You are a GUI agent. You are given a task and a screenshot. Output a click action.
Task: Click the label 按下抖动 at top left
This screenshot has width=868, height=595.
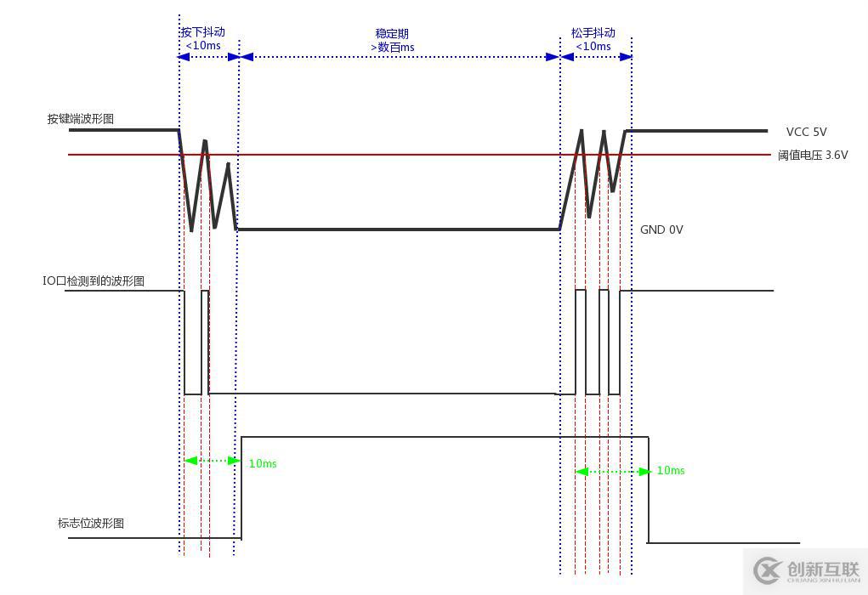coord(202,32)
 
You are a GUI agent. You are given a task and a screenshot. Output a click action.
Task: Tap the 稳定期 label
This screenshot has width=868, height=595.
coord(393,33)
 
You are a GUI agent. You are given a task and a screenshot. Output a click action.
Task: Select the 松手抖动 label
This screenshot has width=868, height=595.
coord(593,33)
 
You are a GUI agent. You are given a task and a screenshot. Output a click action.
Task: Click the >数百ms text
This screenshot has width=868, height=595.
coord(393,48)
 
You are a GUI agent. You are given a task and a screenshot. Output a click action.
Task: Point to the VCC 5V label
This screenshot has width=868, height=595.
coord(806,132)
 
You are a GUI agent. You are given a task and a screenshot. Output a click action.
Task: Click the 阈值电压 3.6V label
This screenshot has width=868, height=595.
coord(813,156)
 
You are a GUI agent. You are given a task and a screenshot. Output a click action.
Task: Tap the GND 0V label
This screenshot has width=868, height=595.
coord(661,229)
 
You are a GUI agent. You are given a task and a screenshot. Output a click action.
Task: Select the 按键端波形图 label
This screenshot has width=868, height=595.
coord(81,119)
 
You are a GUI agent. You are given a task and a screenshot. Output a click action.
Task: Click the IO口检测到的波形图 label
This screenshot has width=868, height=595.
coord(94,280)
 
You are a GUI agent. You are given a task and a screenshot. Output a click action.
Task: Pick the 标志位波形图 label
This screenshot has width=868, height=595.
coord(91,524)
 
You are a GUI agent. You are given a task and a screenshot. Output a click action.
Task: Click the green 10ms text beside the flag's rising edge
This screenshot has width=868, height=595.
coord(263,463)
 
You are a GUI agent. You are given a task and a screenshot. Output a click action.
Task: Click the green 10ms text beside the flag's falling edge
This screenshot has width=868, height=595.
coord(671,470)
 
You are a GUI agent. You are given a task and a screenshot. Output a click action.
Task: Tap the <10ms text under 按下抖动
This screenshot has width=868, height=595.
coord(202,46)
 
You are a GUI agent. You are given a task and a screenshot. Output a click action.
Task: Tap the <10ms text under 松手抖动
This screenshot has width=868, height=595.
coord(593,47)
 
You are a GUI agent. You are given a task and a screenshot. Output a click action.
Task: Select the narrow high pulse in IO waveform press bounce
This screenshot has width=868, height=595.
coord(205,340)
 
